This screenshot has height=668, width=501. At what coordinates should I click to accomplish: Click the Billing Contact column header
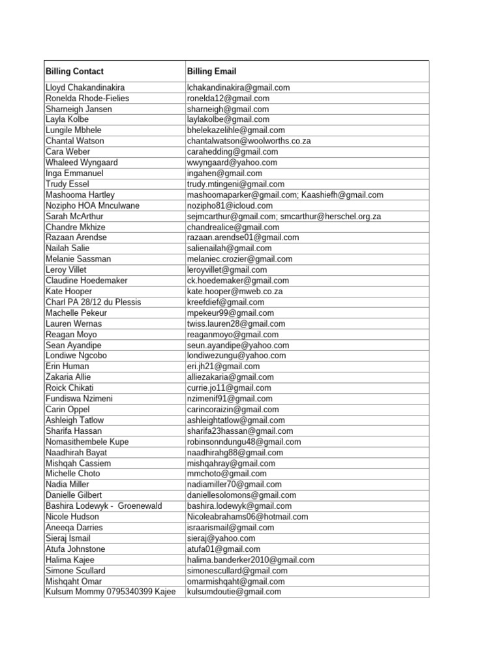pyautogui.click(x=74, y=71)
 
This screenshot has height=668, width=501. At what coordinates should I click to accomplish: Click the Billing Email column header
pyautogui.click(x=211, y=71)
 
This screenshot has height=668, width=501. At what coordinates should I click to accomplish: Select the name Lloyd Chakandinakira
pyautogui.click(x=85, y=87)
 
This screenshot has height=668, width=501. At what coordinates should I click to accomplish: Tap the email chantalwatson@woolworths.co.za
pyautogui.click(x=239, y=141)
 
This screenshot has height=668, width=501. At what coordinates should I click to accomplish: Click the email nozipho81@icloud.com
pyautogui.click(x=230, y=205)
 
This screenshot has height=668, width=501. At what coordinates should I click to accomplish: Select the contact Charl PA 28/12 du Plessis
pyautogui.click(x=93, y=302)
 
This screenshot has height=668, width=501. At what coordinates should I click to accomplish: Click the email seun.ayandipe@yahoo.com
pyautogui.click(x=237, y=345)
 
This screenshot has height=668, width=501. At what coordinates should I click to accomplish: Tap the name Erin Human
pyautogui.click(x=68, y=367)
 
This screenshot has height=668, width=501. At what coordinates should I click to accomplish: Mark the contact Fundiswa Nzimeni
pyautogui.click(x=79, y=399)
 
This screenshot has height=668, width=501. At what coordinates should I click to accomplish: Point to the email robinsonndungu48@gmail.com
pyautogui.click(x=243, y=442)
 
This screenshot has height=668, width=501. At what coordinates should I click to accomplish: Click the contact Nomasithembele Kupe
pyautogui.click(x=87, y=442)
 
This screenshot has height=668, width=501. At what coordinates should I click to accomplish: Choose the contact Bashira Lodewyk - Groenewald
pyautogui.click(x=104, y=506)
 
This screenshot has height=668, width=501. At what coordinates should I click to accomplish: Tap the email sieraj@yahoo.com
pyautogui.click(x=221, y=538)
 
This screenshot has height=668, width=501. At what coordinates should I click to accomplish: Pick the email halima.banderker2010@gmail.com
pyautogui.click(x=250, y=560)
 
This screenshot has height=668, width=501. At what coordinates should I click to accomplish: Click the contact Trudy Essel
pyautogui.click(x=67, y=184)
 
